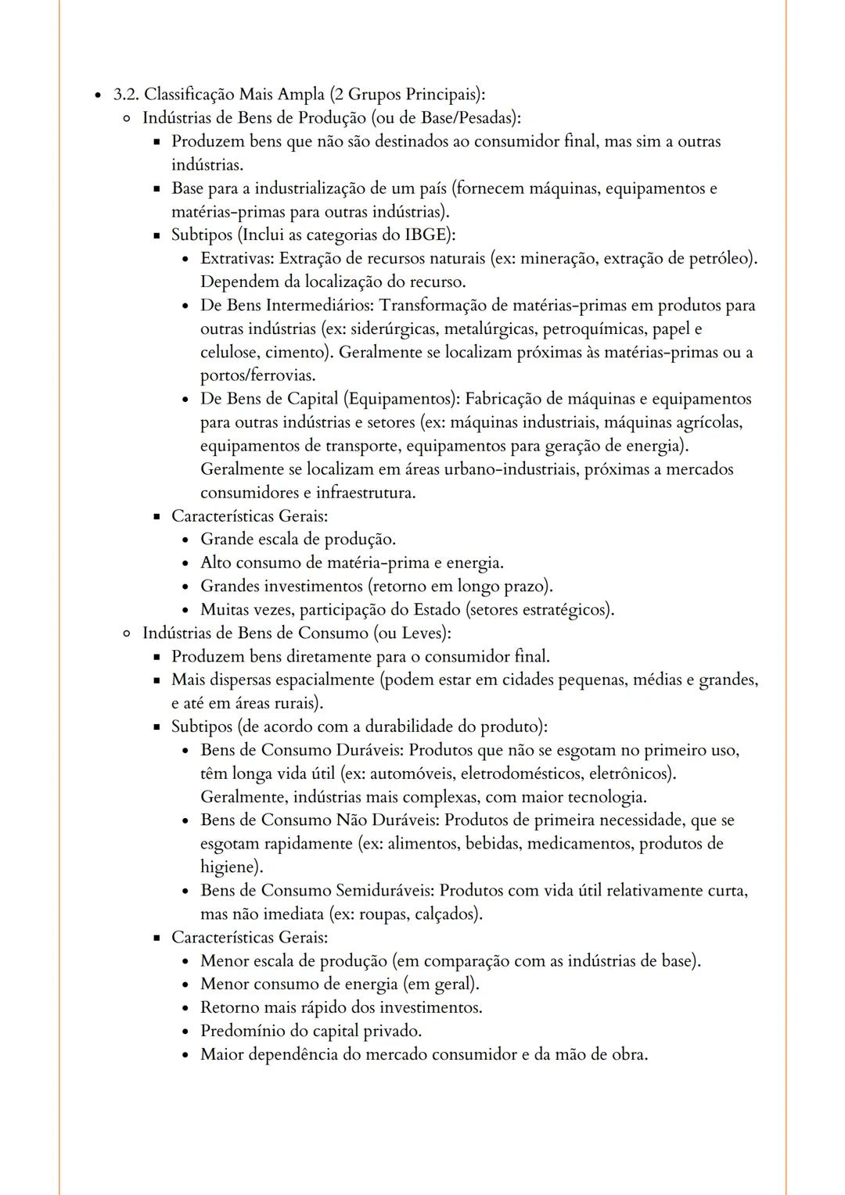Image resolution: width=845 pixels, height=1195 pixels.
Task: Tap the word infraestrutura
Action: tap(364, 493)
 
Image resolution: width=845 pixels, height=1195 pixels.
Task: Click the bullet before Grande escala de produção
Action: tap(184, 540)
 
